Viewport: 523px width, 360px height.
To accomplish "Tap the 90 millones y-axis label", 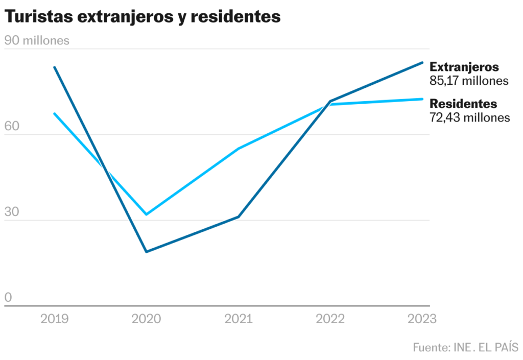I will (x=37, y=41).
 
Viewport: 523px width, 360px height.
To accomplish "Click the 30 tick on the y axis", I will (x=12, y=212).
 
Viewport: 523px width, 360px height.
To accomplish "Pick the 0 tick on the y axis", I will (x=8, y=298).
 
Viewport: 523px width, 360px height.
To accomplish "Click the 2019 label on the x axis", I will (x=55, y=319).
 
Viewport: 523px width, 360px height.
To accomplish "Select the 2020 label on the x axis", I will (x=146, y=319).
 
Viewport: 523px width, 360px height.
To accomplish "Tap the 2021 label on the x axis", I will (x=239, y=319).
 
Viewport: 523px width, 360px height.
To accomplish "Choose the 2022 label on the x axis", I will (x=330, y=319).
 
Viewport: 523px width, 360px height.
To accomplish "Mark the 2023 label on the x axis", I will (x=422, y=319).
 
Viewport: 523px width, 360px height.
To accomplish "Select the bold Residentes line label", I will (x=463, y=104).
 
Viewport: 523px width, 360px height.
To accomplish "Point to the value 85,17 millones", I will (x=469, y=81).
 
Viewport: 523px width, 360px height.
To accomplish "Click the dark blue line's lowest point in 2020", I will (x=147, y=252).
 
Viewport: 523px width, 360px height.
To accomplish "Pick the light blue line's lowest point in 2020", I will (x=147, y=214).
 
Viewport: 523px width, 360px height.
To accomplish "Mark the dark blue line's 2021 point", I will (x=239, y=217).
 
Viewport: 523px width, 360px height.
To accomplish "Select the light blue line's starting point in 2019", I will (x=55, y=113).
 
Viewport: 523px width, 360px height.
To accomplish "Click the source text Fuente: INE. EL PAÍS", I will (x=465, y=348).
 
